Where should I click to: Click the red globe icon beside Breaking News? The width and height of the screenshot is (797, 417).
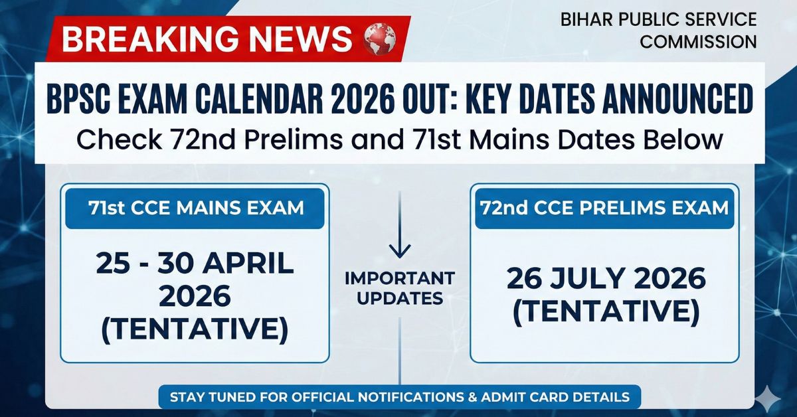[380, 39]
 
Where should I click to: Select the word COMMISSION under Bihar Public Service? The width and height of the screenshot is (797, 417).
[698, 42]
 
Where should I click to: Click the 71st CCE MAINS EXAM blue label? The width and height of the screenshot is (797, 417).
[195, 208]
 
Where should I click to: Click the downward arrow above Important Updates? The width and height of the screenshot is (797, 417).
[400, 226]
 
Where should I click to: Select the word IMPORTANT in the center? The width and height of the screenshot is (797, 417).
[400, 278]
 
